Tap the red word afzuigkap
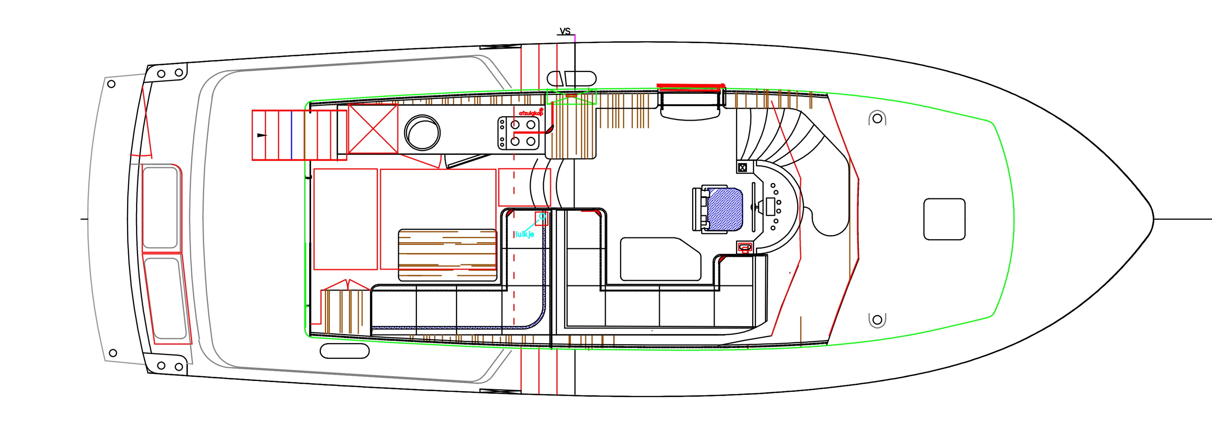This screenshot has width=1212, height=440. [x=531, y=113]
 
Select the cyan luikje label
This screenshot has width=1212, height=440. [x=524, y=234]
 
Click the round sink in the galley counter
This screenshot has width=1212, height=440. [x=422, y=133]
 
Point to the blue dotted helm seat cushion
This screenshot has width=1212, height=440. [x=725, y=209]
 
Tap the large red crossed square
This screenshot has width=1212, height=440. [x=373, y=129]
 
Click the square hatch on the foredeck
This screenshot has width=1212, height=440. [x=944, y=219]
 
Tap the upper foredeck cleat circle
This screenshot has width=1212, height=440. [x=877, y=119]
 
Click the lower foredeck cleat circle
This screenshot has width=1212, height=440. [x=877, y=320]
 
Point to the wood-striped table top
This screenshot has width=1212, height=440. [x=447, y=255]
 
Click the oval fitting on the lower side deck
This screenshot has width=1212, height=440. [x=344, y=351]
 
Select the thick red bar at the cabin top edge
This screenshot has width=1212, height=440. [x=690, y=86]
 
